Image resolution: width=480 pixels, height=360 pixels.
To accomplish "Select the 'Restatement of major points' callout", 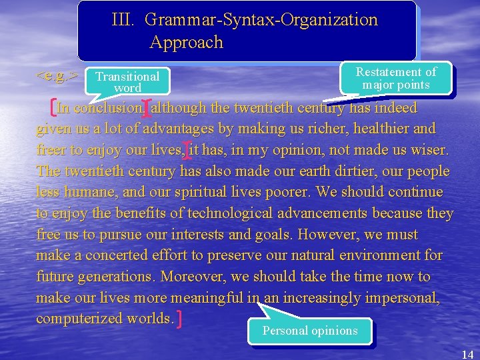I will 396,78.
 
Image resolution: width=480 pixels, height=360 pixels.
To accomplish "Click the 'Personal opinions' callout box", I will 310,331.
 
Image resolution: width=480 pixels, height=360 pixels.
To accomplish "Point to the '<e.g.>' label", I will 57,75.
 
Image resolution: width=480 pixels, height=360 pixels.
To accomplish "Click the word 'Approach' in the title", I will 186,43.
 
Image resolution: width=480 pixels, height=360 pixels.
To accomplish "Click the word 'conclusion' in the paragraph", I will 108,108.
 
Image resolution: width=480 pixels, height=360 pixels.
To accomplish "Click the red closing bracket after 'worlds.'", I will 181,319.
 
